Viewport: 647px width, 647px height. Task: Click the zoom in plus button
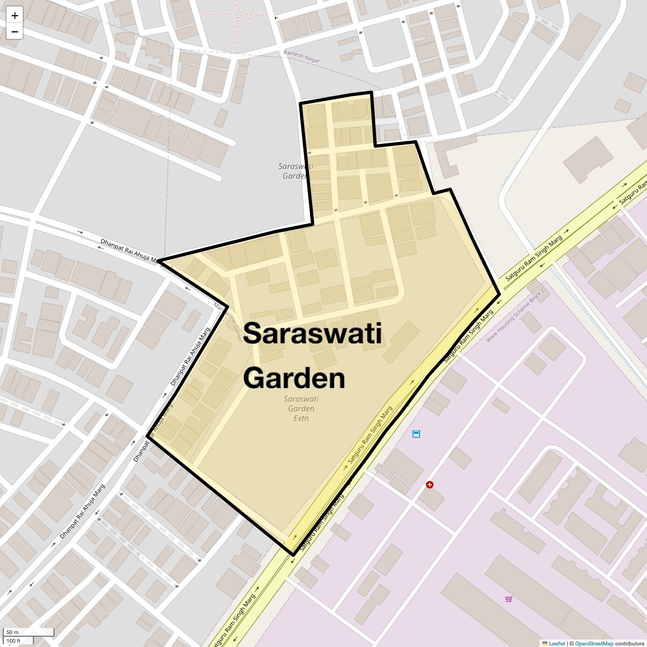[15, 16]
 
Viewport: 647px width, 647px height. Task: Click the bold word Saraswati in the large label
[312, 333]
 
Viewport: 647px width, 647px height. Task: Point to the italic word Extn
[301, 418]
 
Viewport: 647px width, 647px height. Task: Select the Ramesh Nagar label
[302, 57]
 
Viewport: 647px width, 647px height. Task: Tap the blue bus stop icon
[416, 434]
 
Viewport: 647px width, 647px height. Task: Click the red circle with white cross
[430, 485]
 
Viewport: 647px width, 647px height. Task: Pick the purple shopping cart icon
[508, 599]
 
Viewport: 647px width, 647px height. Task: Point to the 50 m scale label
[13, 632]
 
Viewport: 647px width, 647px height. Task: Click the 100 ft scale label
[13, 641]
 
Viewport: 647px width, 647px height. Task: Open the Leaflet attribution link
[557, 643]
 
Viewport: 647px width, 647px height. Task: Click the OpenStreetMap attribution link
[594, 643]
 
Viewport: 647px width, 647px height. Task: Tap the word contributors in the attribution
[630, 643]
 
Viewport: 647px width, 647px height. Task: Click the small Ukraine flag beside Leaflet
[545, 643]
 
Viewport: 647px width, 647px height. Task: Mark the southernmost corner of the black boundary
[293, 554]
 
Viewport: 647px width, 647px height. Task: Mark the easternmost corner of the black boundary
[499, 292]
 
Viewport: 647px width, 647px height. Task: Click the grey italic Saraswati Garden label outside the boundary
[295, 171]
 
